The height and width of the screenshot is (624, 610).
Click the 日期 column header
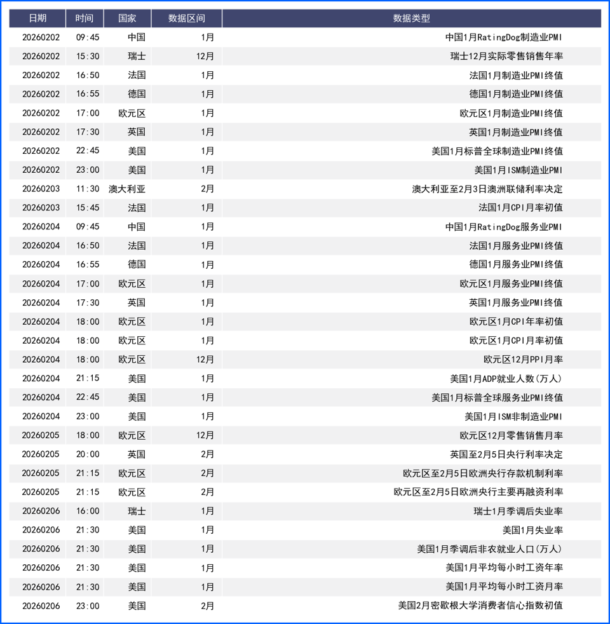(37, 18)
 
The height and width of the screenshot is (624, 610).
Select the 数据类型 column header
(411, 18)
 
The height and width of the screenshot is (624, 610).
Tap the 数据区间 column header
(186, 18)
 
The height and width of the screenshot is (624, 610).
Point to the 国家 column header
(127, 18)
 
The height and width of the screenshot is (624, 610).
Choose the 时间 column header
(84, 18)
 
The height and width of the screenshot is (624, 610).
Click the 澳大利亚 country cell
(127, 189)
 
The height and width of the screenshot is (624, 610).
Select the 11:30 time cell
(88, 189)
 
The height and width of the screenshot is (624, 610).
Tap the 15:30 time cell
(88, 56)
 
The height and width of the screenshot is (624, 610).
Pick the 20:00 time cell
(88, 454)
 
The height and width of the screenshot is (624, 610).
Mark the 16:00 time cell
(88, 511)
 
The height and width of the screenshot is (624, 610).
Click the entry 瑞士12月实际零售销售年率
(506, 56)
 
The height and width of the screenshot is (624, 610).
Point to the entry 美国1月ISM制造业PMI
(518, 170)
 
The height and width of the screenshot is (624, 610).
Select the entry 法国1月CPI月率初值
(520, 208)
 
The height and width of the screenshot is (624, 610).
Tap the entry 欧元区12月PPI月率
(523, 360)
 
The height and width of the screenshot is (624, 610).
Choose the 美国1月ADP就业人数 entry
(506, 379)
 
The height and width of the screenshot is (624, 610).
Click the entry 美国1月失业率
(532, 530)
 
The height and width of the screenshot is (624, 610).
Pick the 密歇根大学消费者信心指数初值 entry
(480, 606)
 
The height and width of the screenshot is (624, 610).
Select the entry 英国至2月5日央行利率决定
(506, 454)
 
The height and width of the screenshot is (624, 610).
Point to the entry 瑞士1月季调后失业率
(518, 511)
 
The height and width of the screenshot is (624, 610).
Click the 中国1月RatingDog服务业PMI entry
(504, 227)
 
